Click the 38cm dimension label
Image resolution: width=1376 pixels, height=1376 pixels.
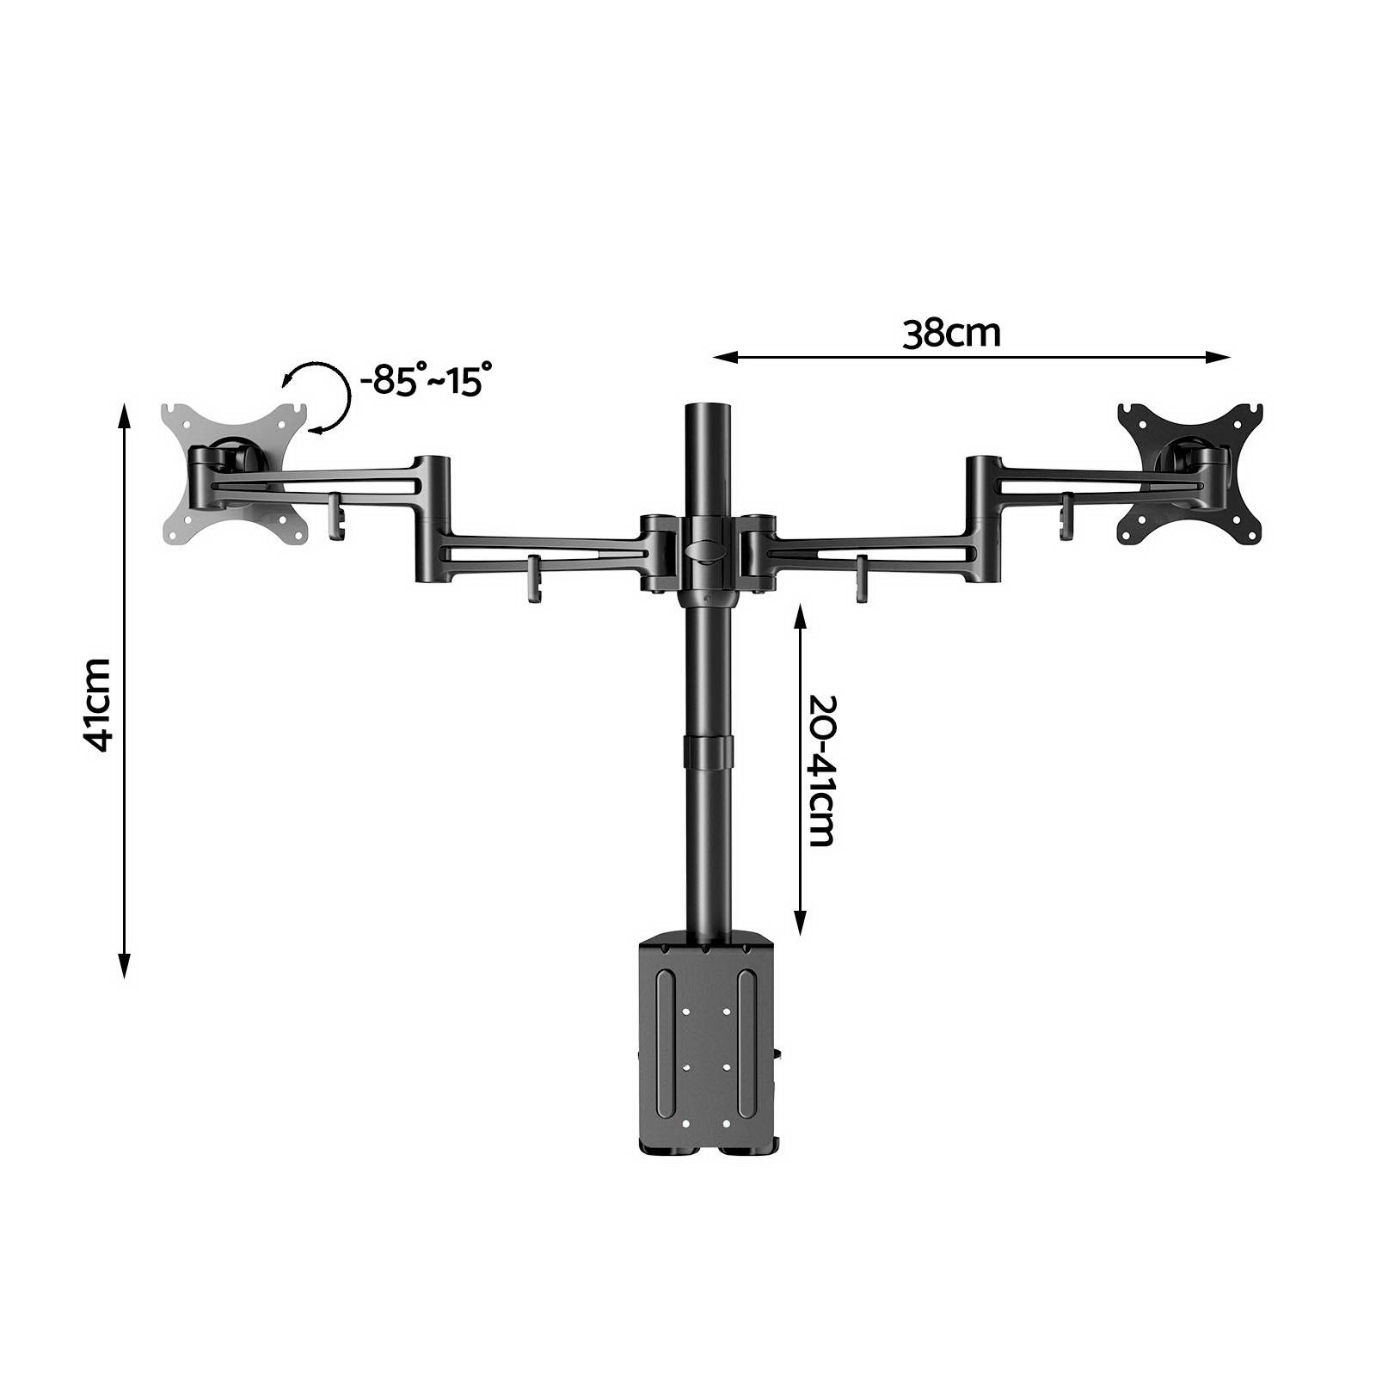coord(951,334)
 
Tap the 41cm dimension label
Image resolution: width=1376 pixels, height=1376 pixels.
coord(101,704)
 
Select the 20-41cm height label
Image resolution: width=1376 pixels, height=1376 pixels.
coord(822,770)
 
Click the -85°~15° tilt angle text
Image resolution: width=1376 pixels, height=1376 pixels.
coord(427,379)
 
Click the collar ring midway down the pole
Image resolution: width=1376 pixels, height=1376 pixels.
coord(709,752)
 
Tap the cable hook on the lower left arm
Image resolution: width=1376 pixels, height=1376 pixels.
coord(534,579)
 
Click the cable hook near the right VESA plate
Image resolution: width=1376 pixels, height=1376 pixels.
coord(1067,516)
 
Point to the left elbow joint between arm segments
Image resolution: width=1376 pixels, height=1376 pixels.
coord(432,518)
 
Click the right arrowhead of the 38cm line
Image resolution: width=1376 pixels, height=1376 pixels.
coord(1222,357)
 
